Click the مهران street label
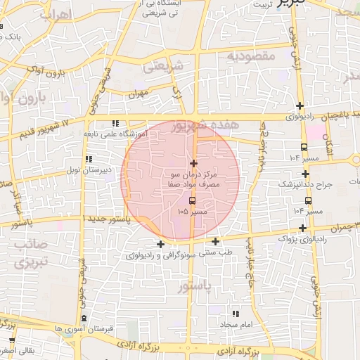(x=140, y=92)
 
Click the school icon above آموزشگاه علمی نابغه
(x=115, y=123)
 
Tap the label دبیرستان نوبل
(x=84, y=170)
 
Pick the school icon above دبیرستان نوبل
(x=88, y=160)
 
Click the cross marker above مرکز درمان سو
(x=193, y=163)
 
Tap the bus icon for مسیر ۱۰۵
(x=193, y=200)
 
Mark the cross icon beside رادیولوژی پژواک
(x=302, y=228)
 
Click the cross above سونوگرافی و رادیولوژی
(x=160, y=245)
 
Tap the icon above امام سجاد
(x=235, y=314)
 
